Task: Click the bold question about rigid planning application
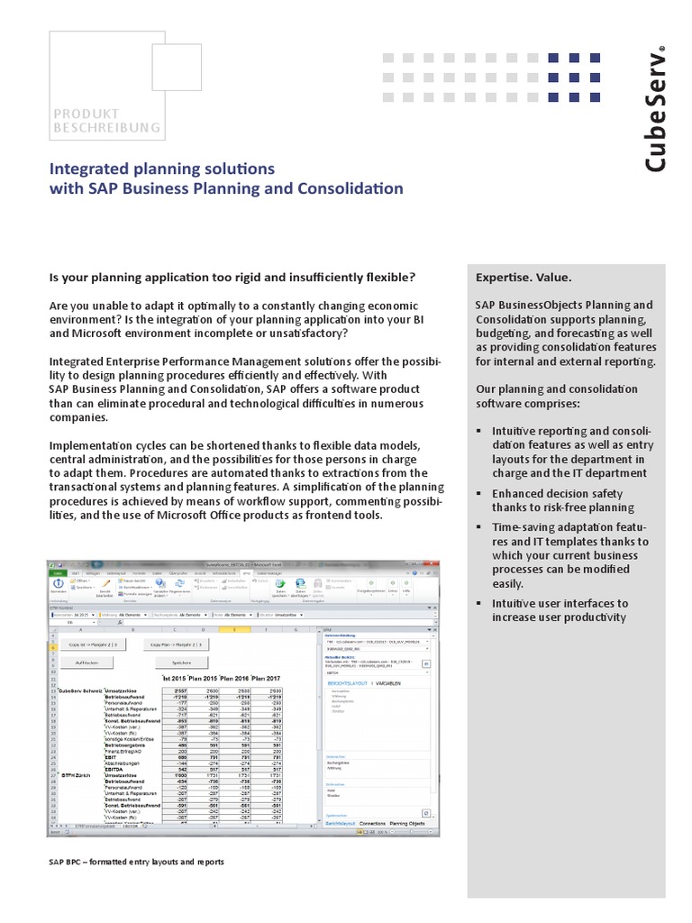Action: (x=232, y=276)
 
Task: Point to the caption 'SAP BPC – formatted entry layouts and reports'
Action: (x=136, y=862)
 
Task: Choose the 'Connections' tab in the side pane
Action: (x=378, y=824)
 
